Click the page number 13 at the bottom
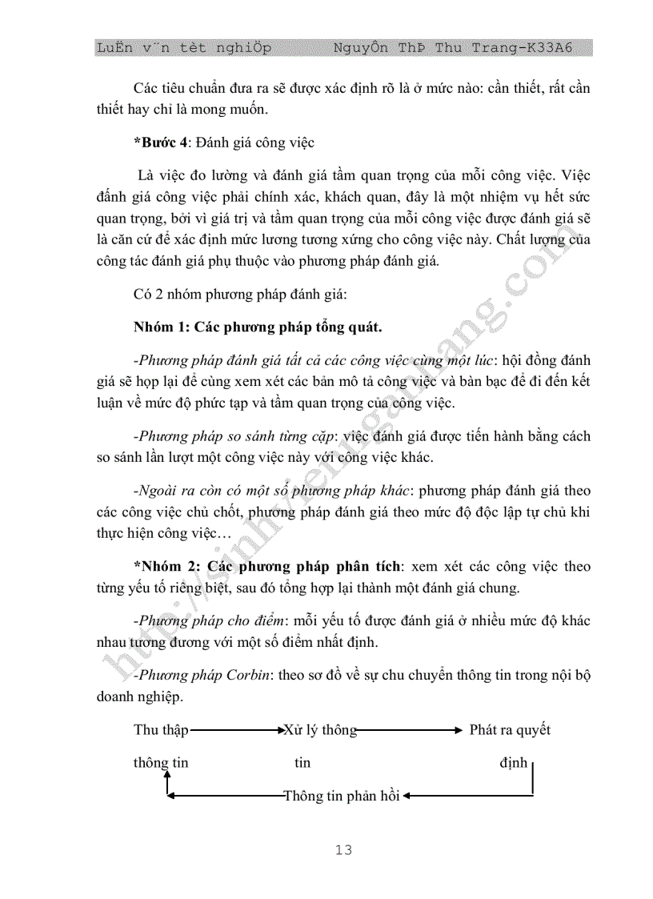click(x=343, y=850)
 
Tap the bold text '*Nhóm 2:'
click(x=166, y=567)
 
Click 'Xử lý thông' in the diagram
click(x=319, y=730)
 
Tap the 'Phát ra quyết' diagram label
click(x=510, y=730)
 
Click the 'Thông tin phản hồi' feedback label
click(x=342, y=796)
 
